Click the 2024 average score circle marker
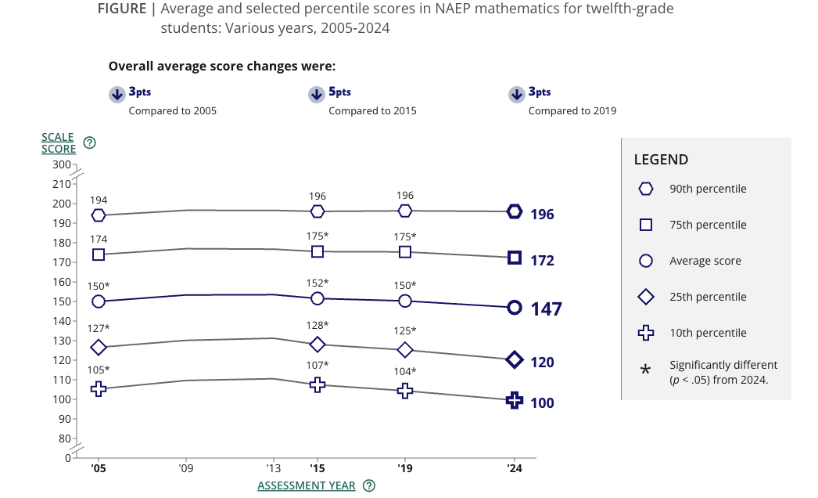pyautogui.click(x=515, y=308)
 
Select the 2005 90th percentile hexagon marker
pyautogui.click(x=99, y=215)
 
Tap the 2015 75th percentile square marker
pyautogui.click(x=318, y=251)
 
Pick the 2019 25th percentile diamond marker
pyautogui.click(x=405, y=350)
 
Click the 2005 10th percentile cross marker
pyautogui.click(x=99, y=388)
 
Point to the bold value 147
pyautogui.click(x=546, y=309)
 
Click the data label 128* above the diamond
pyautogui.click(x=317, y=325)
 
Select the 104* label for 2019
pyautogui.click(x=404, y=371)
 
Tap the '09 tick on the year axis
pyautogui.click(x=185, y=469)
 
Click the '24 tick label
pyautogui.click(x=515, y=469)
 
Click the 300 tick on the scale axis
pyautogui.click(x=62, y=164)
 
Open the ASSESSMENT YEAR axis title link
pyautogui.click(x=306, y=485)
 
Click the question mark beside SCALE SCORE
pyautogui.click(x=90, y=143)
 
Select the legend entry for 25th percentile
pyautogui.click(x=708, y=297)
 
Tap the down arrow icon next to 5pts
pyautogui.click(x=317, y=95)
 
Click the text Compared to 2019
pyautogui.click(x=572, y=110)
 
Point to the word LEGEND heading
pyautogui.click(x=661, y=160)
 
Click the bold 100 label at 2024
pyautogui.click(x=542, y=402)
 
